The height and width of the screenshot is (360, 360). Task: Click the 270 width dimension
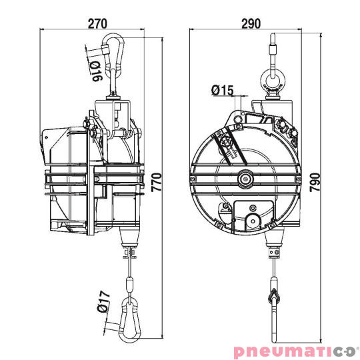[x=98, y=23]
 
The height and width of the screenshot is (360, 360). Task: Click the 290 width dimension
[x=250, y=23]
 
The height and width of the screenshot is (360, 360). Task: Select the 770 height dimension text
[x=157, y=180]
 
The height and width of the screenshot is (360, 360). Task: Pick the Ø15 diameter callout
[x=221, y=89]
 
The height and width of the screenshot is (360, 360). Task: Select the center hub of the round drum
[x=245, y=178]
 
